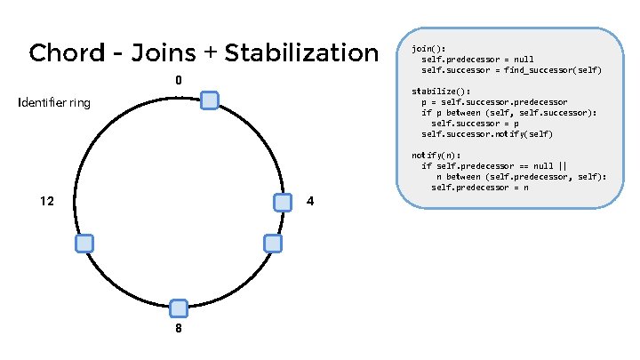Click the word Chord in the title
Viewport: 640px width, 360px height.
pyautogui.click(x=64, y=53)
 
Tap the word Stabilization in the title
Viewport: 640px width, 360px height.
pyautogui.click(x=301, y=53)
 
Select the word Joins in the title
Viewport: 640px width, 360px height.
pyautogui.click(x=163, y=53)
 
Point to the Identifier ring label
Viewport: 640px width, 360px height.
pyautogui.click(x=54, y=104)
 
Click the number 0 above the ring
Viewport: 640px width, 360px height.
pyautogui.click(x=179, y=82)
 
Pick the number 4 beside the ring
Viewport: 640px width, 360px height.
pyautogui.click(x=309, y=202)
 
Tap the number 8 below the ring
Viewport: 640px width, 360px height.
pyautogui.click(x=179, y=328)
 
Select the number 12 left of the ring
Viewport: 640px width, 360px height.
pyautogui.click(x=47, y=202)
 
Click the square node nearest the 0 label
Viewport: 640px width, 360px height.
pyautogui.click(x=210, y=100)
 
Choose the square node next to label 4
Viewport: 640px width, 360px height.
pyautogui.click(x=283, y=203)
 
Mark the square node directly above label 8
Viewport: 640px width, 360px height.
pyautogui.click(x=179, y=308)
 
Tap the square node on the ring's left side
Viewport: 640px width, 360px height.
pyautogui.click(x=84, y=244)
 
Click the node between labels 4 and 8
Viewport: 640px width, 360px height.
pyautogui.click(x=273, y=243)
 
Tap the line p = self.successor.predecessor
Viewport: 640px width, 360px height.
pyautogui.click(x=494, y=102)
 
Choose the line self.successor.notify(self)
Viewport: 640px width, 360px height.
pyautogui.click(x=486, y=134)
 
